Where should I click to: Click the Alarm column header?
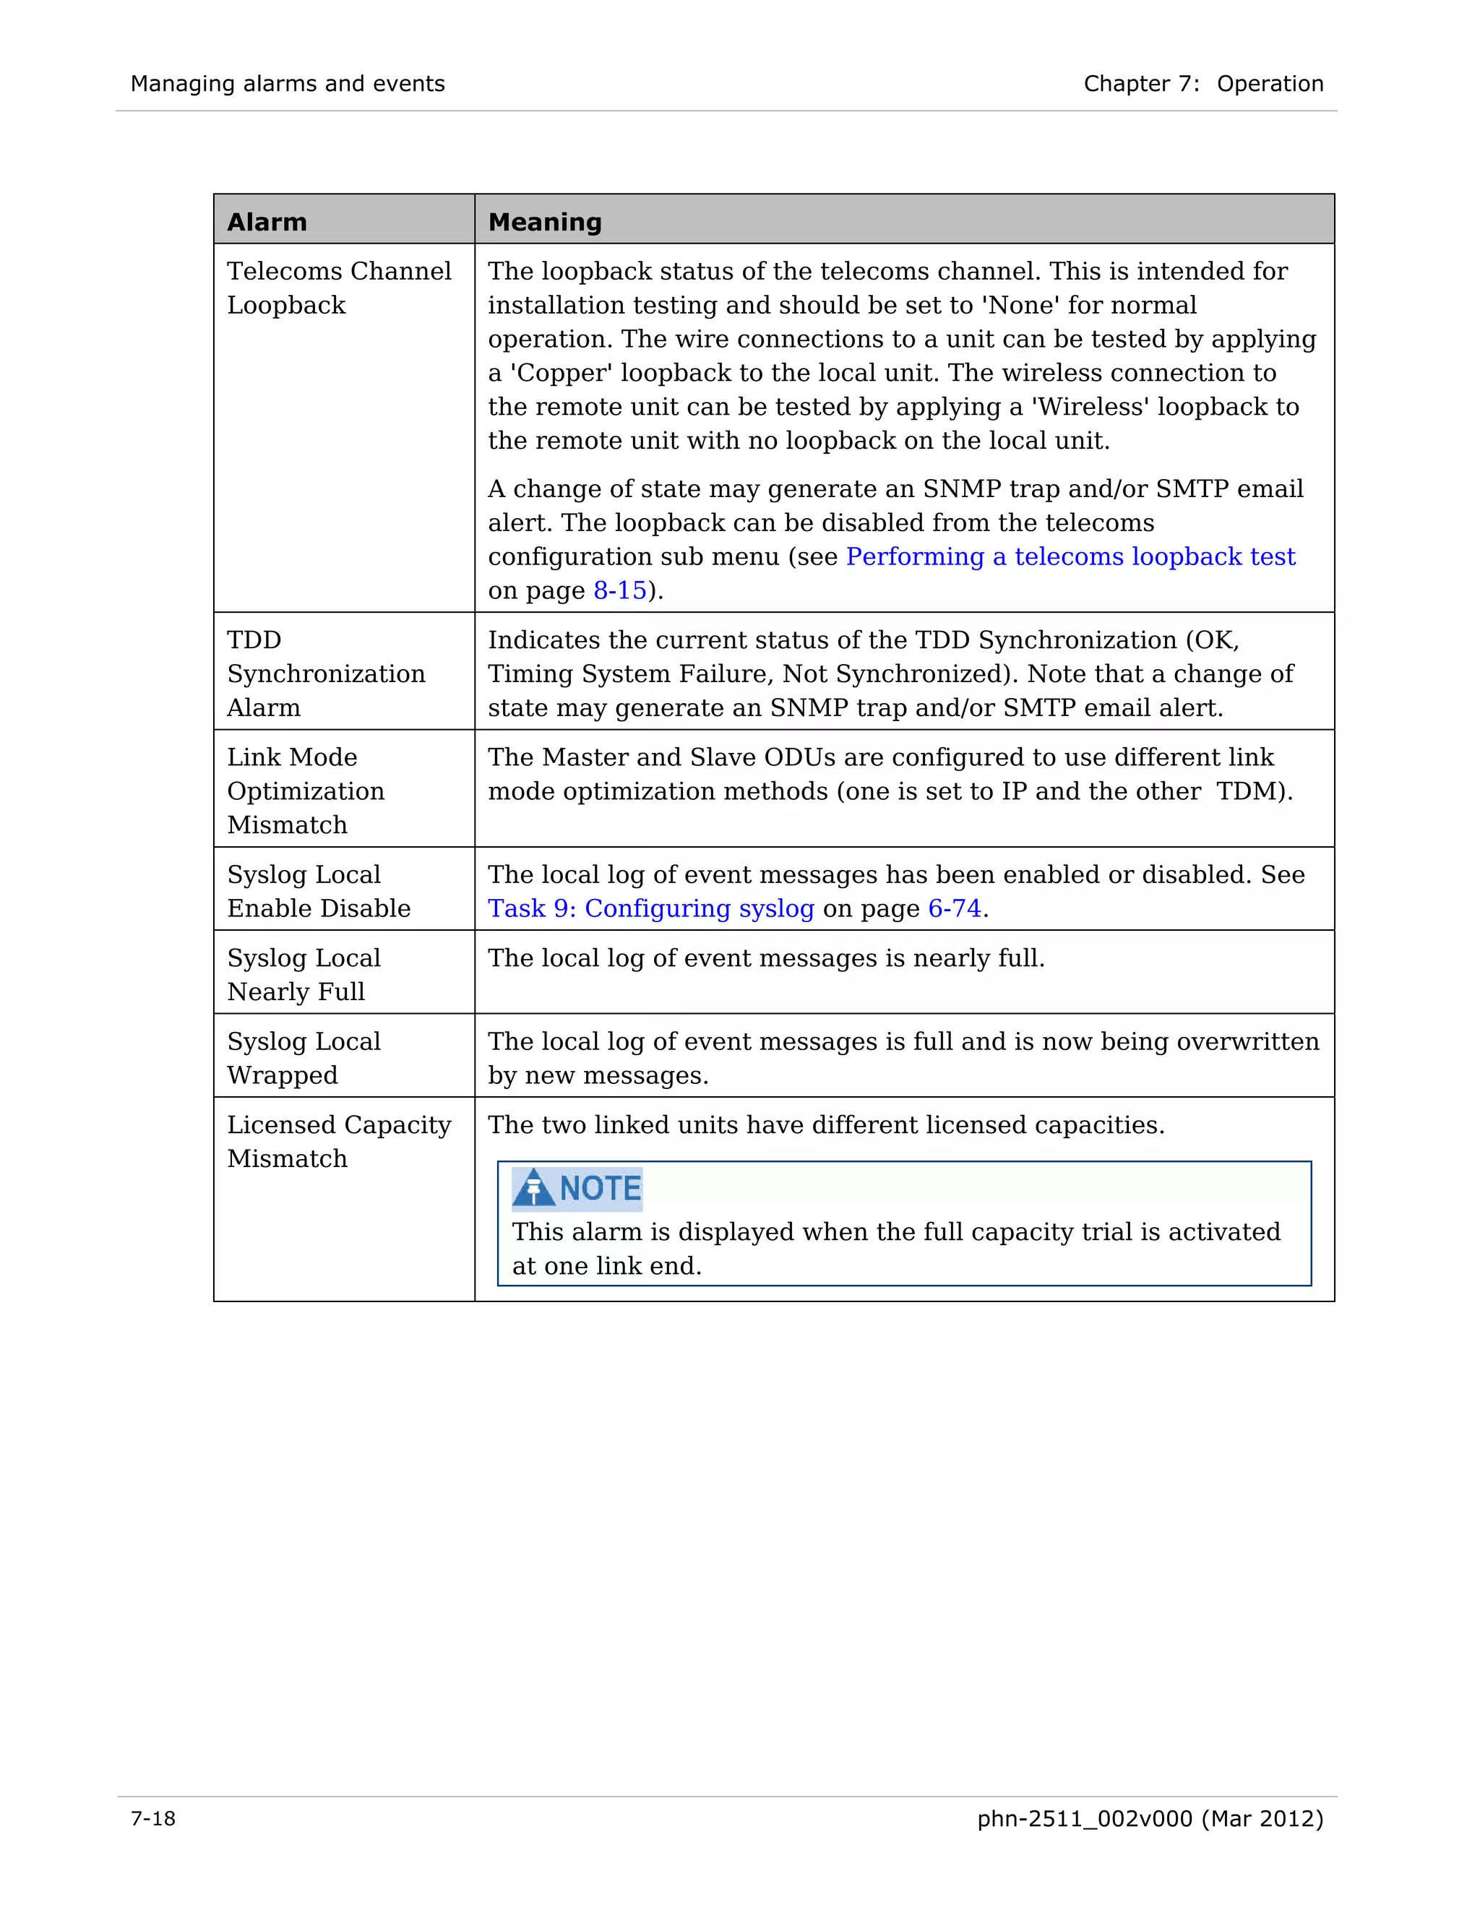pyautogui.click(x=267, y=222)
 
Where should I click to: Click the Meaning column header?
pyautogui.click(x=544, y=222)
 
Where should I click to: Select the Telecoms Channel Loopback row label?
pyautogui.click(x=338, y=288)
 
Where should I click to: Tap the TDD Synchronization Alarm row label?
pyautogui.click(x=325, y=674)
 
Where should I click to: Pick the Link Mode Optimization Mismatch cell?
pyautogui.click(x=305, y=790)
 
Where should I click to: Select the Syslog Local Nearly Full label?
pyautogui.click(x=304, y=974)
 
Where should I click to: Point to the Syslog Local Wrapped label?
pyautogui.click(x=304, y=1057)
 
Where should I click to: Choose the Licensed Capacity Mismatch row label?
pyautogui.click(x=338, y=1141)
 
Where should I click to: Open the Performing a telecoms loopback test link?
pyautogui.click(x=1070, y=556)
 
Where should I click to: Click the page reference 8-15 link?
pyautogui.click(x=620, y=591)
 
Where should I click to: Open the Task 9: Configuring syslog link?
pyautogui.click(x=650, y=908)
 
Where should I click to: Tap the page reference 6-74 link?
pyautogui.click(x=954, y=908)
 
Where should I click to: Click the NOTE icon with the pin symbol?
pyautogui.click(x=534, y=1189)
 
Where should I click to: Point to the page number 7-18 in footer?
pyautogui.click(x=153, y=1819)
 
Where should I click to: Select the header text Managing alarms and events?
pyautogui.click(x=288, y=84)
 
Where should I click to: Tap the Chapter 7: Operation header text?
pyautogui.click(x=1203, y=84)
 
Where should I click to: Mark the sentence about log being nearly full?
pyautogui.click(x=765, y=957)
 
